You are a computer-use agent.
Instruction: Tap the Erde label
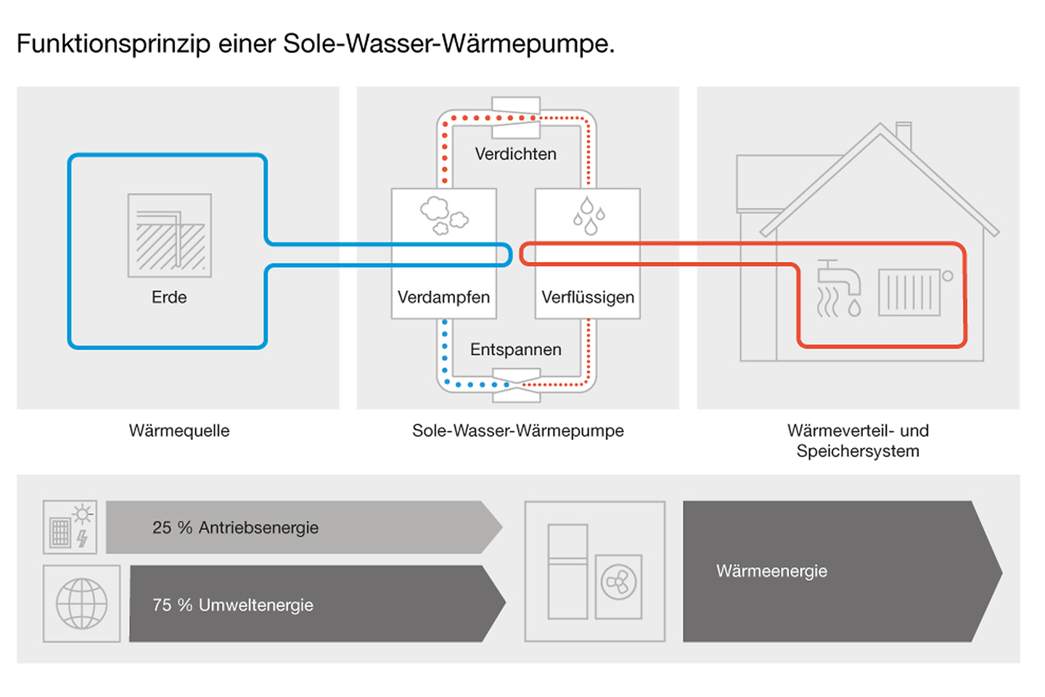click(x=169, y=297)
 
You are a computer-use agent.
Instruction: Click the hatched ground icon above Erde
click(x=170, y=235)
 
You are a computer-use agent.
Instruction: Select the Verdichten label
click(x=515, y=154)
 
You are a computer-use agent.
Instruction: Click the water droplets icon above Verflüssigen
click(x=589, y=216)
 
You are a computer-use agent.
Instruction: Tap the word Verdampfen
click(x=443, y=297)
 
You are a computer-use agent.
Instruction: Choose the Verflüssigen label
click(x=588, y=297)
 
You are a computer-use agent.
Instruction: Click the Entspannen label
click(x=515, y=349)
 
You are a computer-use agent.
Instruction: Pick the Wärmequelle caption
click(x=179, y=431)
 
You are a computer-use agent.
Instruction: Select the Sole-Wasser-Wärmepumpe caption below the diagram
click(x=517, y=431)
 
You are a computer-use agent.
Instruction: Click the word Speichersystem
click(x=858, y=451)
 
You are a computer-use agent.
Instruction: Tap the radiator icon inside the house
click(x=909, y=293)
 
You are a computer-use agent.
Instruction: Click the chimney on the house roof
click(x=903, y=134)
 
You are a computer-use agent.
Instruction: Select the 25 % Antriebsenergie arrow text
click(x=235, y=528)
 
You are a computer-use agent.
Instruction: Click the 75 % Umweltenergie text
click(x=232, y=605)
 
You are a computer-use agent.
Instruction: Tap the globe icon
click(x=81, y=603)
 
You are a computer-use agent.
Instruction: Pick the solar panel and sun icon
click(x=70, y=527)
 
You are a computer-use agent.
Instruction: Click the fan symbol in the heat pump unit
click(x=619, y=582)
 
